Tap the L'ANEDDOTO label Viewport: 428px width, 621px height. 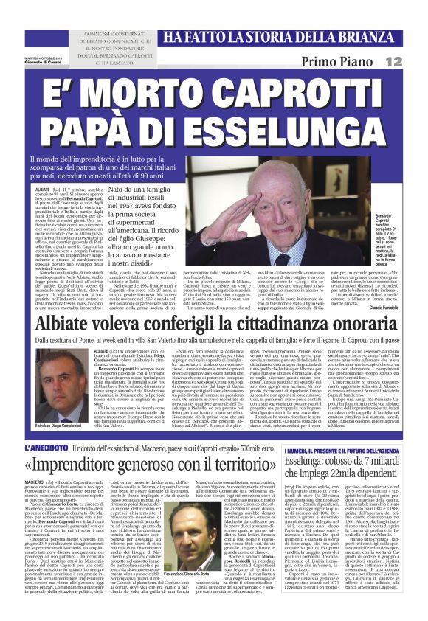pos(48,448)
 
